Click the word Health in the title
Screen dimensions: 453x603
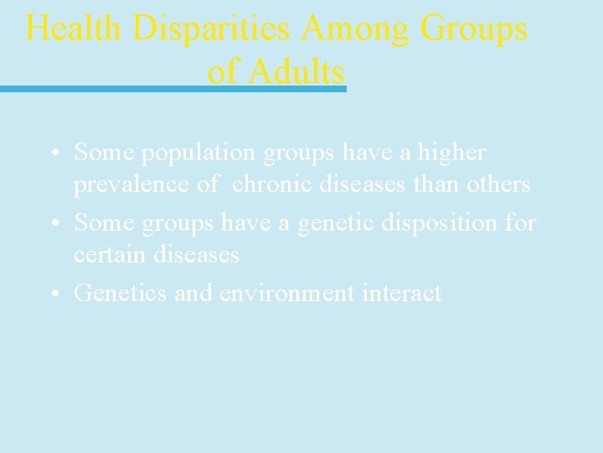pos(74,29)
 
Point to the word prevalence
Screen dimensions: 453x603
pos(132,184)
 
